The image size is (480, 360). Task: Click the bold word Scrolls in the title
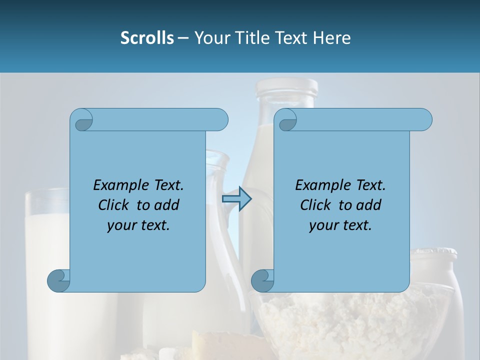click(x=147, y=38)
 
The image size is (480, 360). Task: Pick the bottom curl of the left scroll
click(x=58, y=280)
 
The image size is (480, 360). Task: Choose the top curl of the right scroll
click(x=286, y=120)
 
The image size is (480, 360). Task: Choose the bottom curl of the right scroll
click(x=262, y=280)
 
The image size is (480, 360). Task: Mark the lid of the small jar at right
click(x=433, y=253)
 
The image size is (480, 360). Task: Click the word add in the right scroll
click(x=368, y=205)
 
